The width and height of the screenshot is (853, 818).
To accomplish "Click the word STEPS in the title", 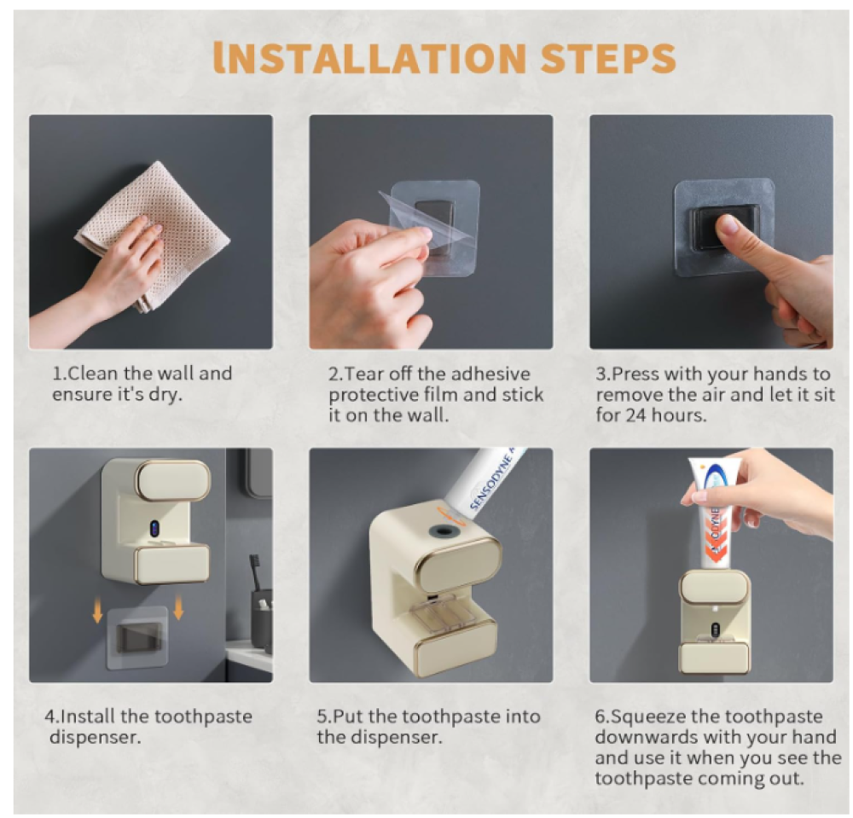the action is tap(608, 58).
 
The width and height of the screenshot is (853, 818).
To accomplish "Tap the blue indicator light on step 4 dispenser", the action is tap(155, 529).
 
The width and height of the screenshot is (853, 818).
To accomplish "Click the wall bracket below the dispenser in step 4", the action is tap(136, 637).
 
